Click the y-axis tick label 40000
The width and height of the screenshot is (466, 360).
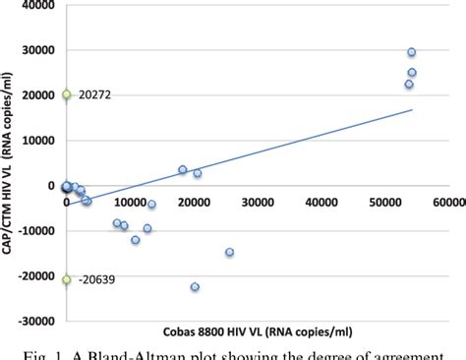37,7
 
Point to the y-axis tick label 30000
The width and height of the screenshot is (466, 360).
37,51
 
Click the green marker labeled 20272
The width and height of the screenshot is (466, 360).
67,94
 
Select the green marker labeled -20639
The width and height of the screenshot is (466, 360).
67,279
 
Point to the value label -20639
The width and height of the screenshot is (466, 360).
97,279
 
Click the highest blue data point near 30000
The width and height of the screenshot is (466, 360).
412,52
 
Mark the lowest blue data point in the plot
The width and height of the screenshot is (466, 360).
195,287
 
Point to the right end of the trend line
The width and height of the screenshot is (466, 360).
412,109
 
